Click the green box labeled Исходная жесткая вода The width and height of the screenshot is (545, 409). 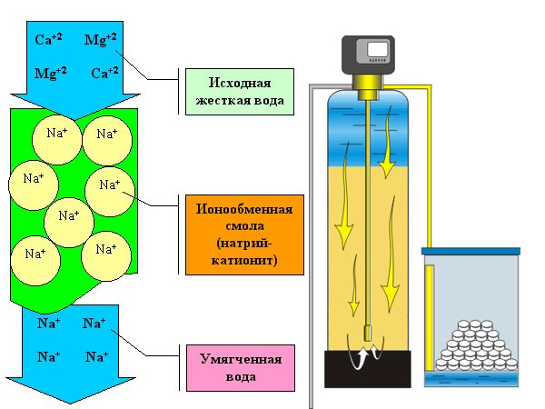pyautogui.click(x=240, y=91)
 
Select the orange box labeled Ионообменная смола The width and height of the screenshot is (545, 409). pyautogui.click(x=241, y=234)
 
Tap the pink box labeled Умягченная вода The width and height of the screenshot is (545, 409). pyautogui.click(x=241, y=366)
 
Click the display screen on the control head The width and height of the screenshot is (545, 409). pyautogui.click(x=375, y=49)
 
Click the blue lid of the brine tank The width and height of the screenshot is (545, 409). pyautogui.click(x=471, y=251)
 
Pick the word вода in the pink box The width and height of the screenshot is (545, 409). pyautogui.click(x=240, y=374)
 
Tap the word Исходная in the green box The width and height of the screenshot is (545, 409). pyautogui.click(x=240, y=83)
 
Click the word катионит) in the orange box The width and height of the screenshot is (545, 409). pyautogui.click(x=241, y=261)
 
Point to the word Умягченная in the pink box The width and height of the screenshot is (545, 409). pyautogui.click(x=241, y=358)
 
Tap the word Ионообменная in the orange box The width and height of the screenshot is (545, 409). pyautogui.click(x=241, y=209)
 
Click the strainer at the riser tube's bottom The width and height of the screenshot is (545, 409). pyautogui.click(x=370, y=334)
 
